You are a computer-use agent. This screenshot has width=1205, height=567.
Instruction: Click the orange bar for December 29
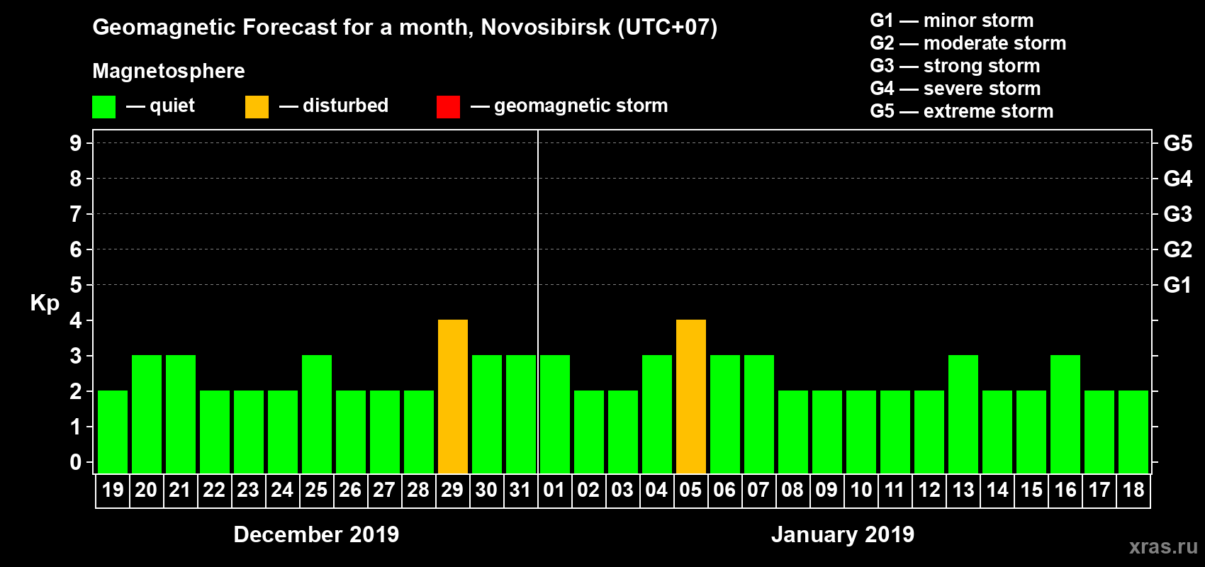[x=453, y=396]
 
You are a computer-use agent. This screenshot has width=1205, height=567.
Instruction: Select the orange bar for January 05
[x=691, y=396]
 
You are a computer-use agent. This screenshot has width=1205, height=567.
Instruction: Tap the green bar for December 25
[x=317, y=414]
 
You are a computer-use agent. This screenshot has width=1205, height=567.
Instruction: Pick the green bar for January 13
[x=963, y=414]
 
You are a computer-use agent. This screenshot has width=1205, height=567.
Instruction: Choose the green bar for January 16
[x=1065, y=414]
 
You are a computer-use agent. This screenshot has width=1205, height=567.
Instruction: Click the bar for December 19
[x=113, y=432]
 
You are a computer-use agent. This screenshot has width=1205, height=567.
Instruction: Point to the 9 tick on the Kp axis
[x=76, y=143]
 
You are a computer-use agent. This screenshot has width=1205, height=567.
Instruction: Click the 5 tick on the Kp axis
[x=76, y=285]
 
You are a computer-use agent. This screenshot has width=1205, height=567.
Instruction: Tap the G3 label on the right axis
[x=1177, y=214]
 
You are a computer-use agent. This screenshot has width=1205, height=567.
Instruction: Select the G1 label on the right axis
[x=1177, y=285]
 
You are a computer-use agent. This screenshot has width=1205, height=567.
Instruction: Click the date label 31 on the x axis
[x=520, y=490]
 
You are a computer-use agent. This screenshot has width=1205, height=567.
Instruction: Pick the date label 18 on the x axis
[x=1133, y=490]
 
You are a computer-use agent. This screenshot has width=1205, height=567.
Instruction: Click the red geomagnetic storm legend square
[x=448, y=107]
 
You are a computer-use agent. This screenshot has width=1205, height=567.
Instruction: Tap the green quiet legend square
[x=104, y=107]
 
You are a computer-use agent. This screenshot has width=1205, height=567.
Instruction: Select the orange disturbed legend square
[x=257, y=107]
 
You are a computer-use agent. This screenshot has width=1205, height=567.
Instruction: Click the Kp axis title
[x=45, y=303]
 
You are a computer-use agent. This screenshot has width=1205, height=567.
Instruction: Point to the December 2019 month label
[x=316, y=534]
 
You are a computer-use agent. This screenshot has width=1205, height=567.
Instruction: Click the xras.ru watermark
[x=1163, y=546]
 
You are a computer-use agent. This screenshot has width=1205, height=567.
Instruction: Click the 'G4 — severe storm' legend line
[x=955, y=89]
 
